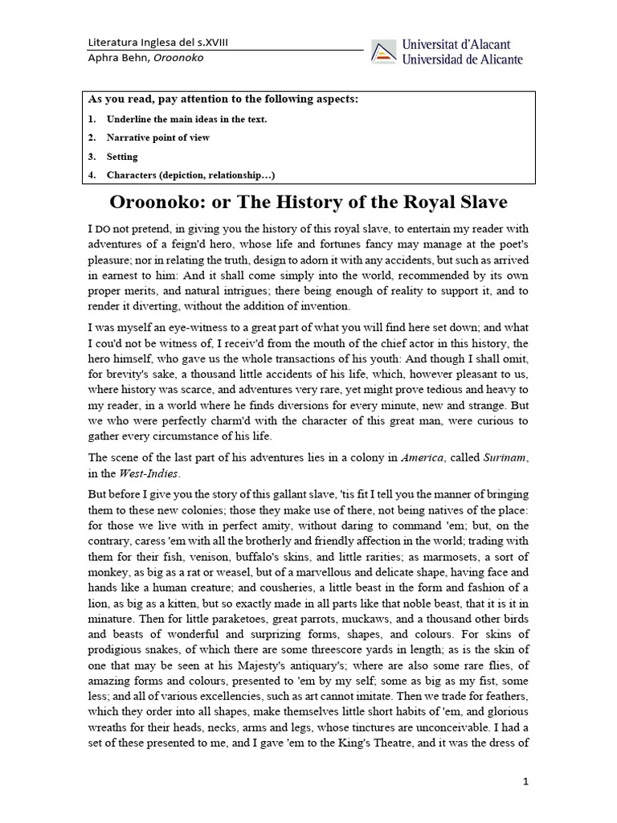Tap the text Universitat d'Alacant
[456, 45]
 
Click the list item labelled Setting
[122, 156]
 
